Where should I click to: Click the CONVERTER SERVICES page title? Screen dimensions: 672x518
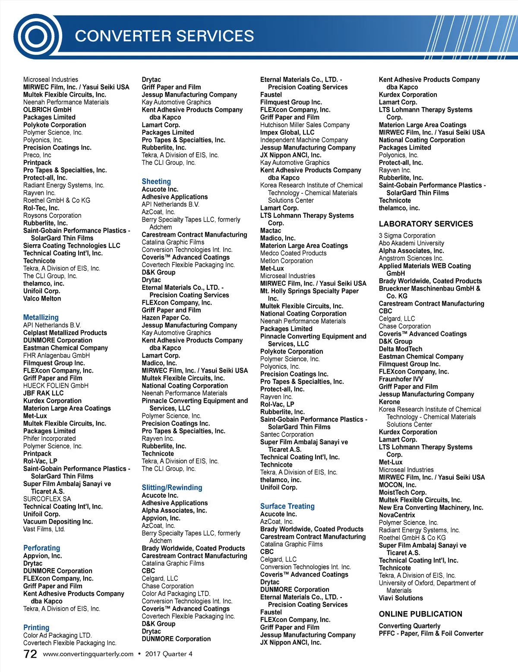pyautogui.click(x=164, y=36)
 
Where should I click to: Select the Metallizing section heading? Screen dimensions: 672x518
pyautogui.click(x=41, y=317)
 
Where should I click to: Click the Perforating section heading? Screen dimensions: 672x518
pyautogui.click(x=42, y=548)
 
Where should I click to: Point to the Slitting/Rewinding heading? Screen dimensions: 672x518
pyautogui.click(x=172, y=488)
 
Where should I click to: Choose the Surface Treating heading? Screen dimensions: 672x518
pyautogui.click(x=287, y=506)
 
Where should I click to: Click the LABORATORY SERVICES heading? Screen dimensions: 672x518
pyautogui.click(x=426, y=224)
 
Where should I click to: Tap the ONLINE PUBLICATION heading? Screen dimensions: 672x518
pyautogui.click(x=420, y=614)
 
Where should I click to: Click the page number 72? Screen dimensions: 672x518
pyautogui.click(x=30, y=654)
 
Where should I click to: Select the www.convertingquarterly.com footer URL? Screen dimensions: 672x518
pyautogui.click(x=88, y=654)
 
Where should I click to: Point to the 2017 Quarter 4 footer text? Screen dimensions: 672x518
pyautogui.click(x=169, y=654)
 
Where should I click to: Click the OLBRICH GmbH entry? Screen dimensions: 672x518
pyautogui.click(x=47, y=110)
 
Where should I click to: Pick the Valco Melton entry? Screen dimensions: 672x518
pyautogui.click(x=42, y=298)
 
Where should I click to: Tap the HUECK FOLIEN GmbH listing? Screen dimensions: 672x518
pyautogui.click(x=56, y=386)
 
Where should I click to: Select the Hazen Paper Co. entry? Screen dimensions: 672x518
pyautogui.click(x=166, y=317)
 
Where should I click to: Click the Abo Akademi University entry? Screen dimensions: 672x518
pyautogui.click(x=411, y=243)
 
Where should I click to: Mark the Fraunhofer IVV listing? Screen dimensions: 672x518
pyautogui.click(x=401, y=379)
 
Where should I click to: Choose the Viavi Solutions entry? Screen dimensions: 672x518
pyautogui.click(x=401, y=598)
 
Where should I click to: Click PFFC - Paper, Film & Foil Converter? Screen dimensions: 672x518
pyautogui.click(x=431, y=634)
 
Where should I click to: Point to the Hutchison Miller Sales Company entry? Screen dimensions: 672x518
pyautogui.click(x=305, y=125)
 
